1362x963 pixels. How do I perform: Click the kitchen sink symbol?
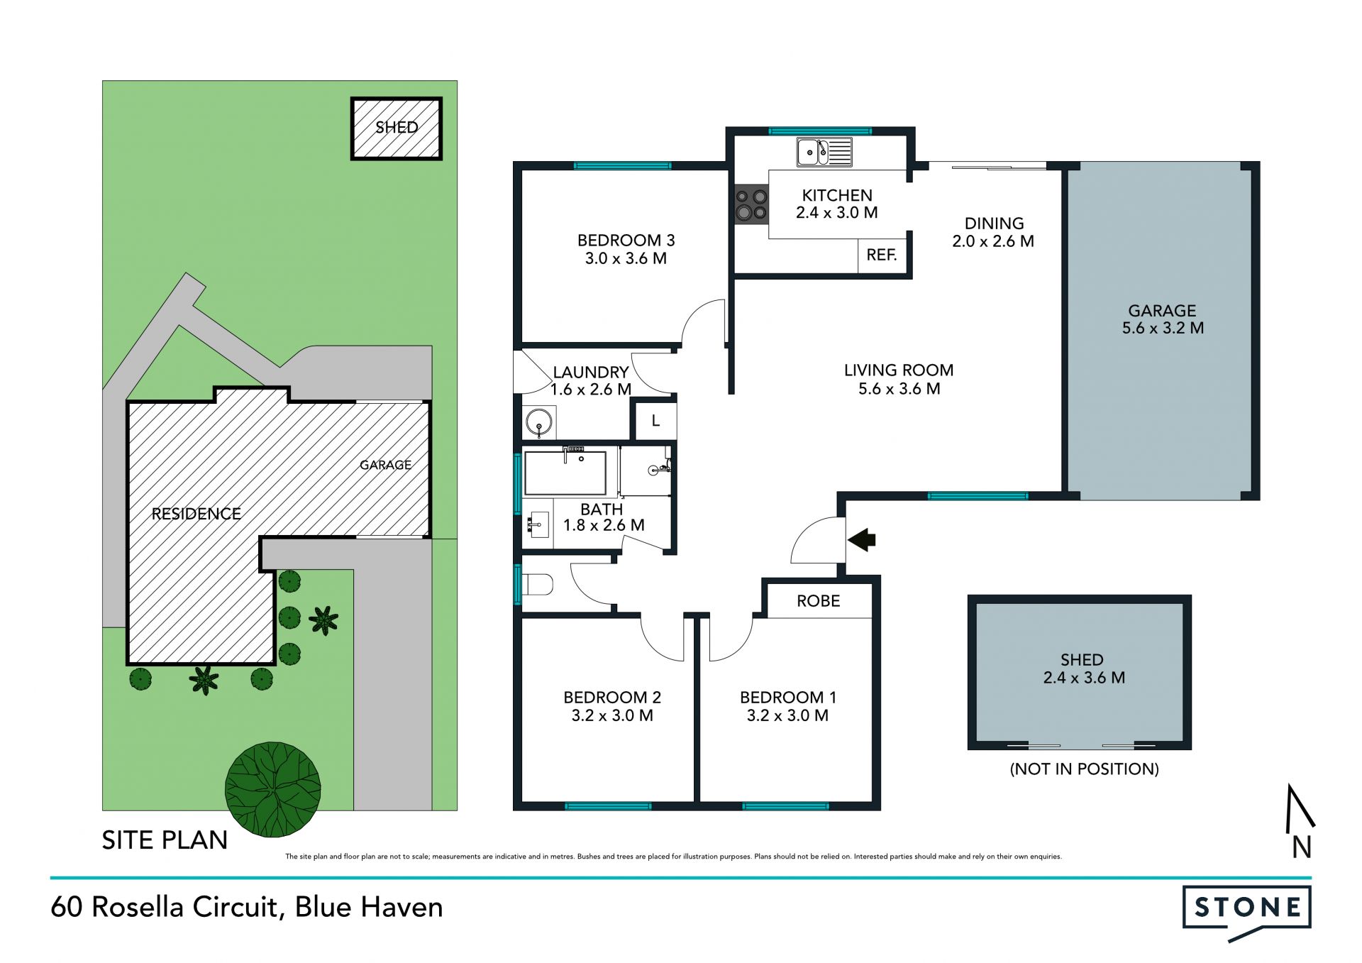coord(824,152)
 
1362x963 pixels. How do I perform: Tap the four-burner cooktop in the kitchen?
coord(751,204)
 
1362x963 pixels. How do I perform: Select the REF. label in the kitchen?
coord(882,255)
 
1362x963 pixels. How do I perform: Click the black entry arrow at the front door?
coord(862,540)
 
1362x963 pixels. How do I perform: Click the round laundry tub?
coord(539,424)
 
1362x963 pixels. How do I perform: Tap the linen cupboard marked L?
coord(655,421)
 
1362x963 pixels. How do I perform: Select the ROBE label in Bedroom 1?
coord(818,601)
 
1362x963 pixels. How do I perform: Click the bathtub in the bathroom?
coord(565,472)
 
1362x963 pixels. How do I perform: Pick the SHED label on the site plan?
coord(397,128)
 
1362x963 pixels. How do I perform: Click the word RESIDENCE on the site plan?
coord(196,514)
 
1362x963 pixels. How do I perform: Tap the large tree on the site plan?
coord(273,789)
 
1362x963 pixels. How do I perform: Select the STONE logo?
coord(1247,912)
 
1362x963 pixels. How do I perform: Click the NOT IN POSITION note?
coord(1084,769)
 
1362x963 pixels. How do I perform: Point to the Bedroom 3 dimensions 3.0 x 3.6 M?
coord(626,259)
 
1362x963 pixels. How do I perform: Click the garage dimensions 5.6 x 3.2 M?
coord(1163,328)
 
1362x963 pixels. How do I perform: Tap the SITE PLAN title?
coord(165,840)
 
